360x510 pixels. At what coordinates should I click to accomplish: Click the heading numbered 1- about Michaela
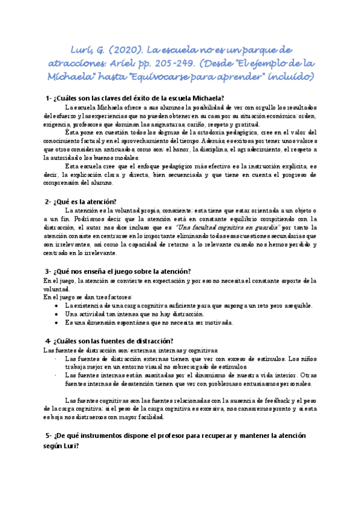(135, 99)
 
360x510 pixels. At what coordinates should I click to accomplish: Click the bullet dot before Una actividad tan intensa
(56, 314)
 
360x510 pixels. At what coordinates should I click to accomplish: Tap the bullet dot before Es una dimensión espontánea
(56, 322)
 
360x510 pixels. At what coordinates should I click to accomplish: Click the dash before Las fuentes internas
(55, 375)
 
